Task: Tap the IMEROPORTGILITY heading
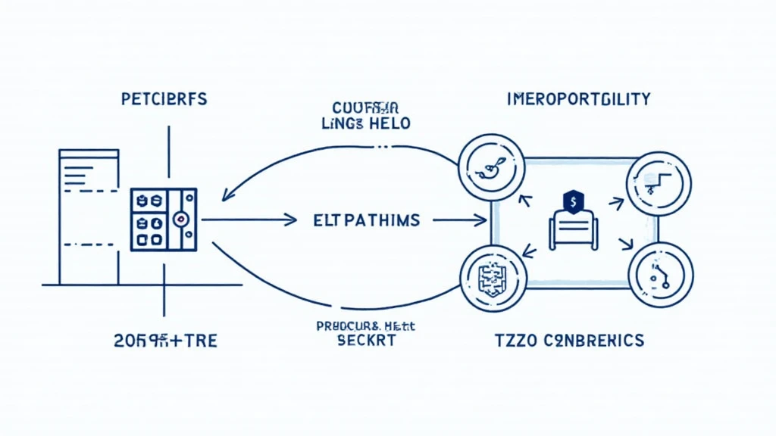tap(579, 98)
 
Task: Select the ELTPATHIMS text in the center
tap(366, 220)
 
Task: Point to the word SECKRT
tap(367, 340)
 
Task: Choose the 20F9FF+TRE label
tap(165, 340)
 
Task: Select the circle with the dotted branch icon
tap(659, 274)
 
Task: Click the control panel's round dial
tap(180, 220)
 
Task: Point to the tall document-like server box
tap(89, 216)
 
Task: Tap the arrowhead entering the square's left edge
tap(481, 220)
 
